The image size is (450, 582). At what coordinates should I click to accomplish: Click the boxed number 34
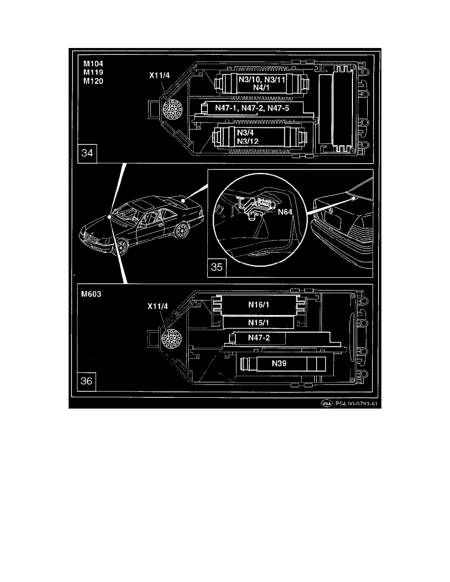coord(89,154)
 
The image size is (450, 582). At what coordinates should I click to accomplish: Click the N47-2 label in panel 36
coord(257,339)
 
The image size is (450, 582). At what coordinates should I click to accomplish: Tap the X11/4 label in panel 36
coord(157,306)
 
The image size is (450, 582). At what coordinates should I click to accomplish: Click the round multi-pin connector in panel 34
coord(167,108)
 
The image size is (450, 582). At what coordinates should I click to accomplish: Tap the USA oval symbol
coord(326,404)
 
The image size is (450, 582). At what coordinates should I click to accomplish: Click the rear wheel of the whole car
coord(182,230)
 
